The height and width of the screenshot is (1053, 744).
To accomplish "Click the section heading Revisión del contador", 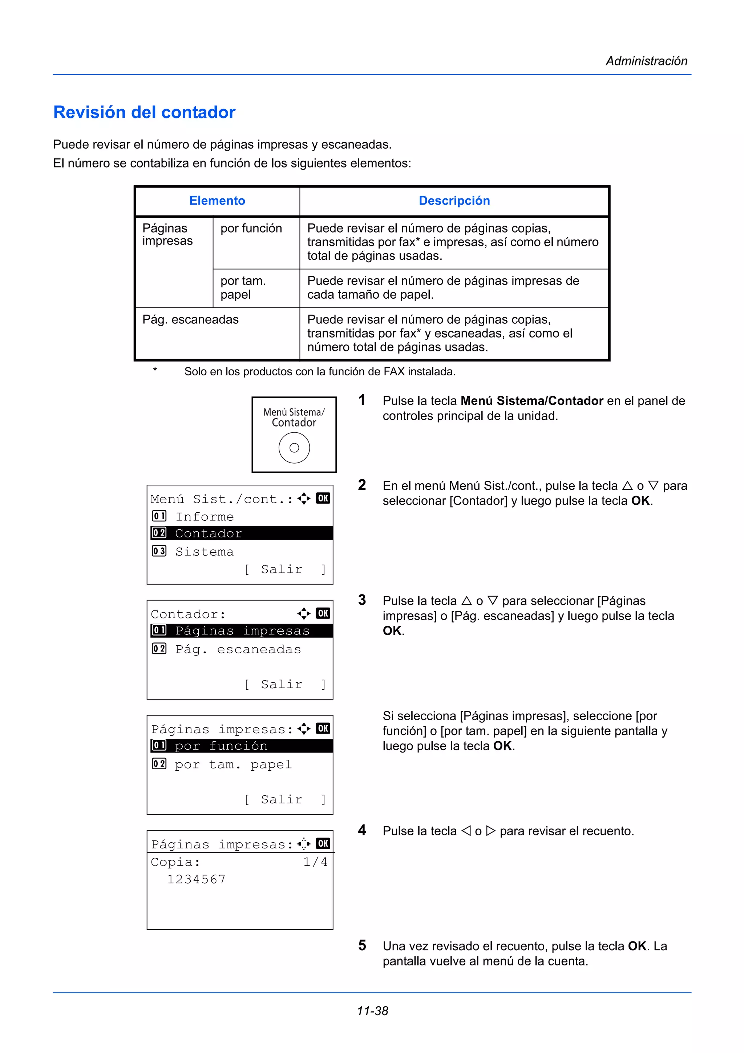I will coord(144,112).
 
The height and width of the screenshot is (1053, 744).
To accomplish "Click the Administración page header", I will coord(646,61).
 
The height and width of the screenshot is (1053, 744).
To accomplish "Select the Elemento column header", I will coord(217,201).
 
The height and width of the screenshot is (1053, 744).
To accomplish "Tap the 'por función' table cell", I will coord(251,229).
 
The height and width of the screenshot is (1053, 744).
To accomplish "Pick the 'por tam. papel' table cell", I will coord(243,287).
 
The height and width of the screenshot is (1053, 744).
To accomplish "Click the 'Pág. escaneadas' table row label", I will coord(190,320).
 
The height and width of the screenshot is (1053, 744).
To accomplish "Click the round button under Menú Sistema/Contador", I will coord(294,448).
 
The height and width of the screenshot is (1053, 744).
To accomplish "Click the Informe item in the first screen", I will coord(205,517).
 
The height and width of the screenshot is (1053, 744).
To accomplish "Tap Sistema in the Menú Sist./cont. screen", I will coord(205,552).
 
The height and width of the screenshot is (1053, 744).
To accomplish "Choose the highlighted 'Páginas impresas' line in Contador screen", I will coord(242,631).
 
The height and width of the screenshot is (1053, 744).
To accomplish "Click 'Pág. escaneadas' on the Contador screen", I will coord(238,649).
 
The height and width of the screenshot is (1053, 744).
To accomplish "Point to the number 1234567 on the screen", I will coord(196,879).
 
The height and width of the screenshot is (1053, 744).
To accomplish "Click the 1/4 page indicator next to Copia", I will coord(315,862).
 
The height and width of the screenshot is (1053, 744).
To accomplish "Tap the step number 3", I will coord(362,600).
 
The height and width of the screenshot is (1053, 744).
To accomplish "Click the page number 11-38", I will coord(372,1011).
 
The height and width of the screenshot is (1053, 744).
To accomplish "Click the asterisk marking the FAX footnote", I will coord(155,370).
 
